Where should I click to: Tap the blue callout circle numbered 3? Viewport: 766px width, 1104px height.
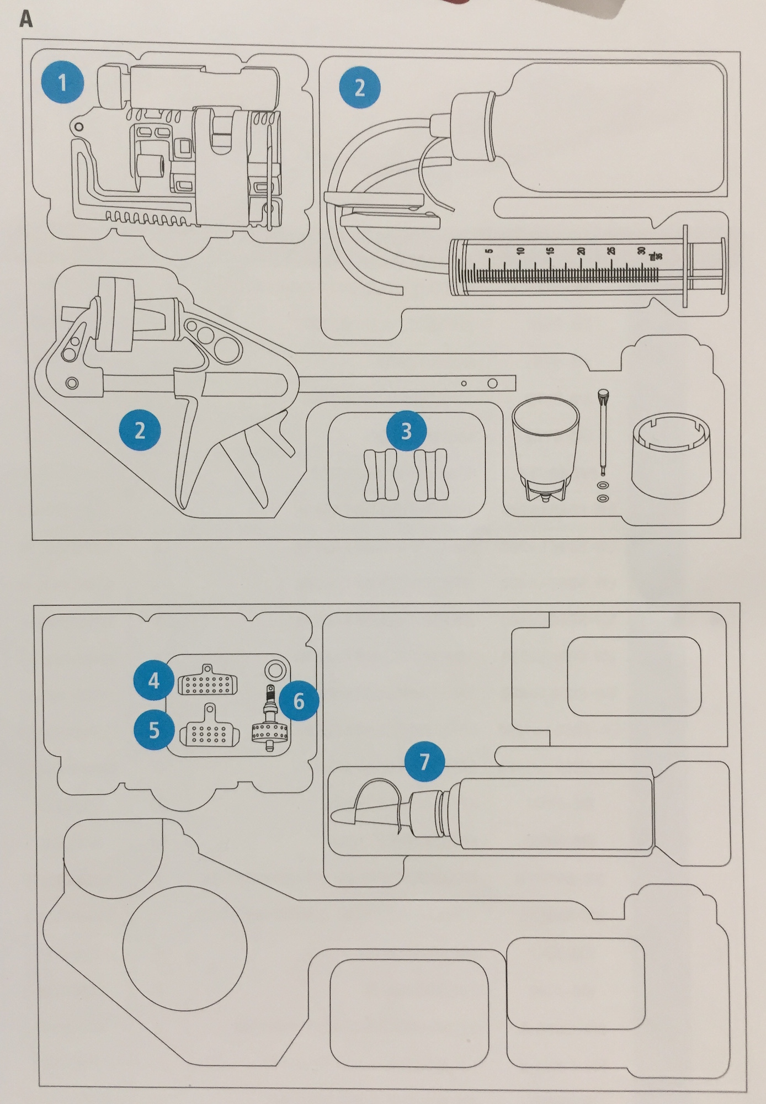(x=406, y=431)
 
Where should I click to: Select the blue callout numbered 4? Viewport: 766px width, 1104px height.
(x=153, y=681)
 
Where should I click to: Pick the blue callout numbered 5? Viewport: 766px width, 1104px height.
(x=154, y=730)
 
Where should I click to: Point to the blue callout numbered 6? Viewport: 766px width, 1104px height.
(x=299, y=700)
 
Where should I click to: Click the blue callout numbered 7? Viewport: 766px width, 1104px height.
(x=424, y=762)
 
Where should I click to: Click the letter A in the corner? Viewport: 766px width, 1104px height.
(x=26, y=19)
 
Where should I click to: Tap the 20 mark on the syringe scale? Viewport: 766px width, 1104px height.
(x=581, y=251)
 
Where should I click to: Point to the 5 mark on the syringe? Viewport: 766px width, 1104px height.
(x=488, y=251)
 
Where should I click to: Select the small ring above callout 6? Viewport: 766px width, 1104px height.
(x=274, y=670)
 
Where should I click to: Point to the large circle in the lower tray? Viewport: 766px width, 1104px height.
(x=184, y=948)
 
